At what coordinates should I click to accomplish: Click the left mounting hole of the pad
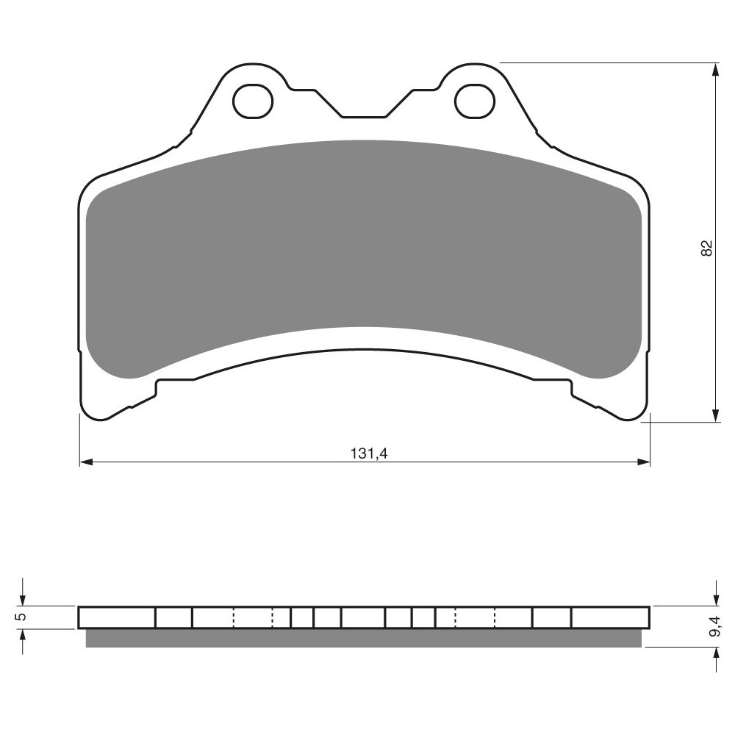click(x=253, y=101)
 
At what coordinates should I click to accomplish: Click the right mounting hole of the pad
click(x=474, y=101)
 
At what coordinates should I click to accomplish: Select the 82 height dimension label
click(x=706, y=248)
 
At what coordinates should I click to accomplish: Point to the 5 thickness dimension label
click(x=21, y=617)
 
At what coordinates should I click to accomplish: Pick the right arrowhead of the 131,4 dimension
click(x=644, y=462)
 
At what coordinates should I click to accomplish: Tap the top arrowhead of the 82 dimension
click(x=715, y=70)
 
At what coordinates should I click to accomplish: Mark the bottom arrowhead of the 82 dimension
click(x=715, y=415)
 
